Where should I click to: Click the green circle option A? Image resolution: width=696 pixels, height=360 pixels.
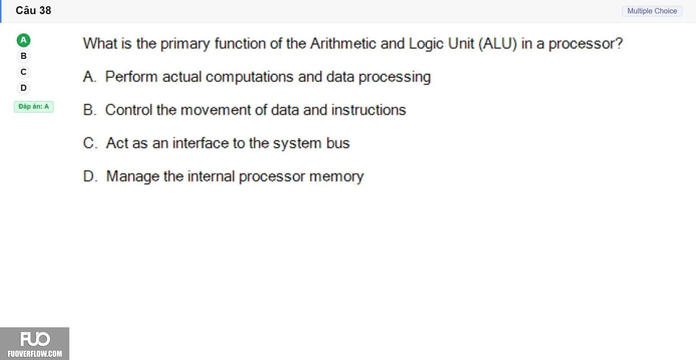point(24,40)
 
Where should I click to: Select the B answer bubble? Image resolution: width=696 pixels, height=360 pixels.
point(24,56)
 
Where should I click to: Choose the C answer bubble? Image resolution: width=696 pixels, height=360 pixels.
point(24,72)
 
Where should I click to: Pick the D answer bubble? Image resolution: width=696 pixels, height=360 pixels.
point(24,88)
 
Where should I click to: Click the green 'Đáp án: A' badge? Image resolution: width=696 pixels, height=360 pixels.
point(34,106)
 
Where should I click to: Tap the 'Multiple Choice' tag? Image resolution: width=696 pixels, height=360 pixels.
point(652,11)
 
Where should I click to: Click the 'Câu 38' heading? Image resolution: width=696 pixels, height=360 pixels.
point(33,10)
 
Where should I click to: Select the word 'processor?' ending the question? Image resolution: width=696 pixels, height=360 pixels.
point(586,44)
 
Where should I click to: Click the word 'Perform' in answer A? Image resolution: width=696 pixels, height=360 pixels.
point(131,77)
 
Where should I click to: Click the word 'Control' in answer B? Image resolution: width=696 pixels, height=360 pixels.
point(129,110)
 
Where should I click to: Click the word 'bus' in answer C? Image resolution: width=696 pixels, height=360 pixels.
point(338,143)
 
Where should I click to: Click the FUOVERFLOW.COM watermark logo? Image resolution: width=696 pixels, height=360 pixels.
point(34,344)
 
